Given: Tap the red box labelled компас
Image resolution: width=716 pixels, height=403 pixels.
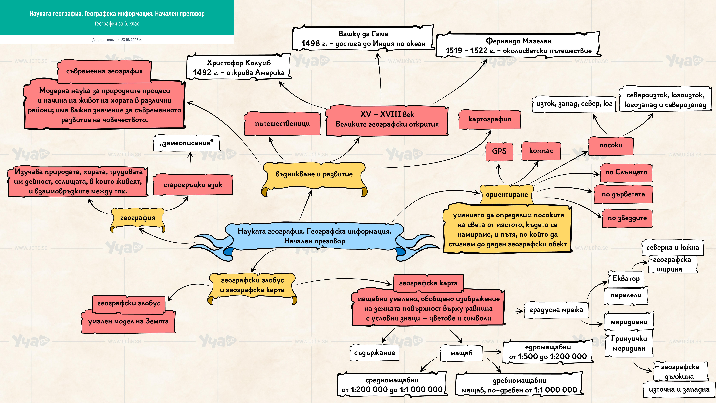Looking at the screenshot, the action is (541, 151).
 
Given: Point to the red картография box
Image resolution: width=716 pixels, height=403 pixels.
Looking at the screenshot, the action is (489, 119).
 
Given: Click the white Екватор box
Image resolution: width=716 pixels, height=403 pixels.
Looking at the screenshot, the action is (626, 279).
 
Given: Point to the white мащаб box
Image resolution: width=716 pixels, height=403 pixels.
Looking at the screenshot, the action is (461, 353).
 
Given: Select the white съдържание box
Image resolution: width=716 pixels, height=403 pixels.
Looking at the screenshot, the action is (374, 353).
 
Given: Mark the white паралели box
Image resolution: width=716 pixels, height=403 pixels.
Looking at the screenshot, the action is (626, 295).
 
